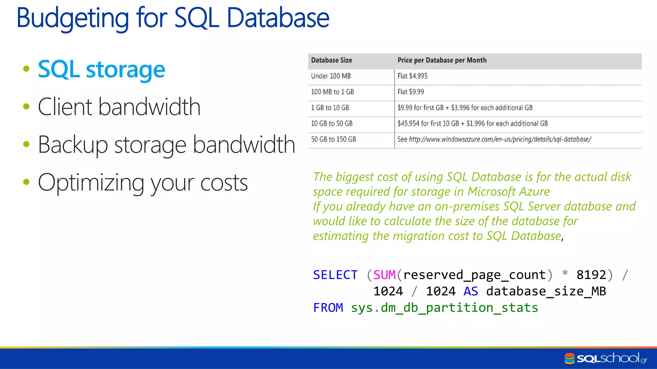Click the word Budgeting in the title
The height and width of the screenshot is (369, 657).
(x=73, y=18)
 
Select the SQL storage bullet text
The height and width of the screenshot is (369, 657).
(x=101, y=69)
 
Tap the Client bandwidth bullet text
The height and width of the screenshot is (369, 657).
(x=119, y=107)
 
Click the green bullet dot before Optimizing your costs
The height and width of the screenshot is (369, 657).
(x=26, y=182)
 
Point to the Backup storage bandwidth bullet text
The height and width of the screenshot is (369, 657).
(x=166, y=145)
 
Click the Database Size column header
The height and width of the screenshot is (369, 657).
(x=331, y=60)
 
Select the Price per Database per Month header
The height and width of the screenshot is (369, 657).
(x=442, y=60)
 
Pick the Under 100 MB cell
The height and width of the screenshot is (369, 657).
(x=331, y=76)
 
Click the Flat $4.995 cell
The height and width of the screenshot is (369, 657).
(x=412, y=76)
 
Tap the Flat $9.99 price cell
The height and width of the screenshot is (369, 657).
(x=411, y=92)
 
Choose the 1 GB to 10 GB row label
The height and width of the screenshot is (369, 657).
(x=330, y=108)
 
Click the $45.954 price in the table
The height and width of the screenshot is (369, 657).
(x=408, y=124)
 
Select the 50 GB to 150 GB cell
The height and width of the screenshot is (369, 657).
(x=333, y=139)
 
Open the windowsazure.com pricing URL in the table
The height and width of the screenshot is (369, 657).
(x=500, y=139)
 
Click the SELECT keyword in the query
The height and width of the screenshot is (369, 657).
(x=335, y=275)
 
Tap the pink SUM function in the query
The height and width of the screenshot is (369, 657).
(x=384, y=275)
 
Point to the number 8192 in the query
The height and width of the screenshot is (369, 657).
(x=591, y=275)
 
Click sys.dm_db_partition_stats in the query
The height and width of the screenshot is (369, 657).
(x=444, y=308)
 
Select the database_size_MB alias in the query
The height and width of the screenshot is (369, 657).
(x=546, y=291)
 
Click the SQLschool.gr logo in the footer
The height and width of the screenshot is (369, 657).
(x=606, y=358)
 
